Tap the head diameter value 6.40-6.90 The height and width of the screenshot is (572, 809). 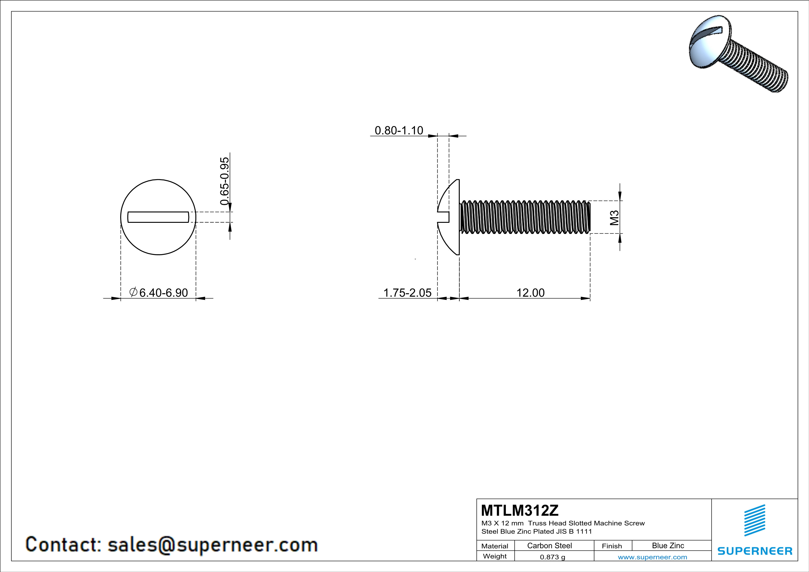click(x=164, y=293)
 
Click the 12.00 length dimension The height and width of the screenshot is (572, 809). click(x=530, y=293)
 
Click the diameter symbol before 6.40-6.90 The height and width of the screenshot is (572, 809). click(x=133, y=292)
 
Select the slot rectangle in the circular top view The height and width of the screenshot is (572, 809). click(x=158, y=217)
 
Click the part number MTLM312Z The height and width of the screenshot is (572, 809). click(x=520, y=510)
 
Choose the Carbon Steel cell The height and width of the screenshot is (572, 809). click(x=549, y=545)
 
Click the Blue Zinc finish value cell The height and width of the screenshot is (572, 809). click(x=668, y=545)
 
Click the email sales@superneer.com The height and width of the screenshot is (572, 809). click(x=212, y=545)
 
